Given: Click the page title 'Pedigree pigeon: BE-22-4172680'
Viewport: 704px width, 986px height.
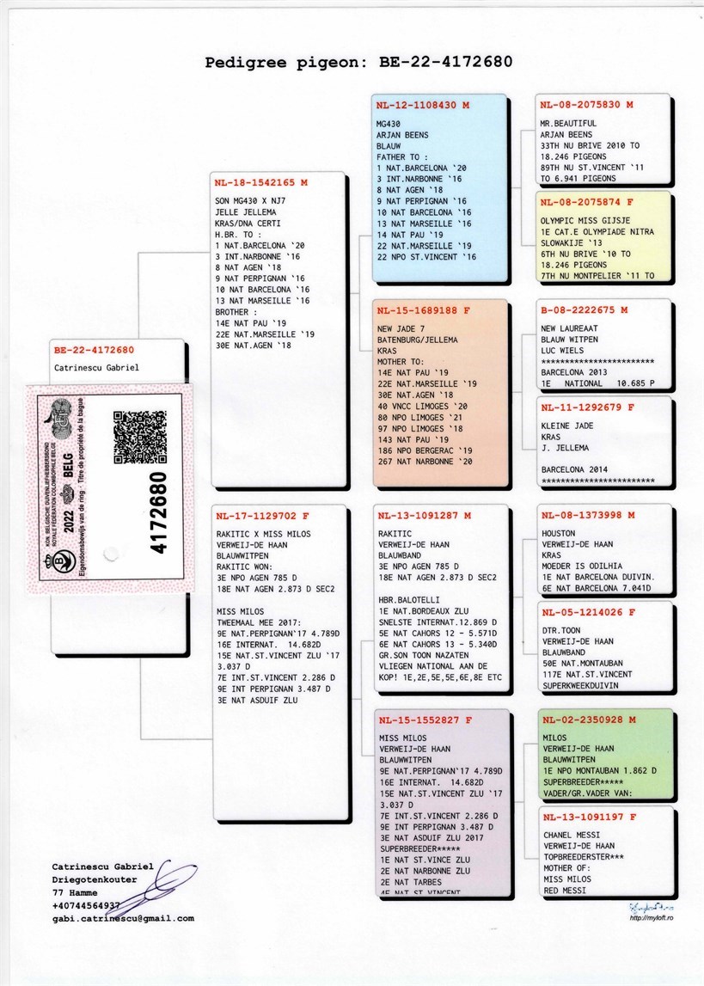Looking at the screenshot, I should [358, 62].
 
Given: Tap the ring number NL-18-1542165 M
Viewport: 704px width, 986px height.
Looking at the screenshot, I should [261, 183].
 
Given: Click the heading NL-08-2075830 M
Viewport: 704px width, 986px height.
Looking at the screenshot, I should [586, 105].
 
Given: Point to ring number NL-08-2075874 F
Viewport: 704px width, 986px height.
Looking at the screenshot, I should [585, 203].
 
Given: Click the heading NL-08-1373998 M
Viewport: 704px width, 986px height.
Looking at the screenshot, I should [586, 516].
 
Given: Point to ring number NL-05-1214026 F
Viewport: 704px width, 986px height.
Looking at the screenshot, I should [586, 613].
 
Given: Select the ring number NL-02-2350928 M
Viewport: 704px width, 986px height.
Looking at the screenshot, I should [586, 720].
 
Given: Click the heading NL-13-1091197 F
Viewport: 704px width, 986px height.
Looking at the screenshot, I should [586, 818].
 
